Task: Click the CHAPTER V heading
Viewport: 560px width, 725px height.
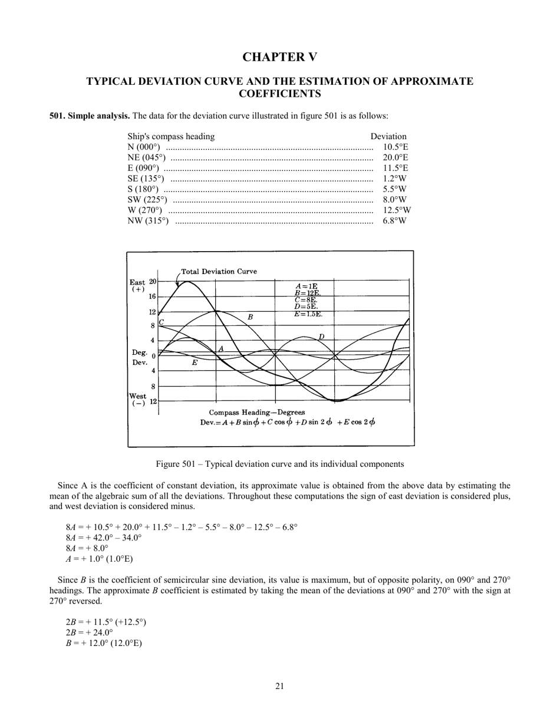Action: (x=279, y=57)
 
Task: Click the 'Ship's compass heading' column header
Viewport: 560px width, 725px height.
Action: (x=171, y=137)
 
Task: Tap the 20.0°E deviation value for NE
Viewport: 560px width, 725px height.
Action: (x=395, y=158)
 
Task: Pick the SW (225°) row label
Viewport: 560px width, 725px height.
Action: (x=147, y=200)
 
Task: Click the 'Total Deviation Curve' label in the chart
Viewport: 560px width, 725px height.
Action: (x=219, y=272)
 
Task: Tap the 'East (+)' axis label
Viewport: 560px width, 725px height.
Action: (x=137, y=286)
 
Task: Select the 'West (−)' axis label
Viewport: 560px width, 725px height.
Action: (x=137, y=400)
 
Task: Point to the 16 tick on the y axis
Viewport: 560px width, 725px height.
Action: (x=152, y=297)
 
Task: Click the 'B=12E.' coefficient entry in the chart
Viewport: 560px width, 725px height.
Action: (x=307, y=293)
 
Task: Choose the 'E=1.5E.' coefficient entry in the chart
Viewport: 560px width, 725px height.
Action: (x=308, y=314)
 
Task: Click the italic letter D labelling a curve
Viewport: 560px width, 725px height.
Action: (x=321, y=337)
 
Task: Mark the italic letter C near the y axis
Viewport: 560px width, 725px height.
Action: (x=162, y=322)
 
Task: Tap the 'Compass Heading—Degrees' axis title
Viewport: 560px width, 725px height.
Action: (x=257, y=412)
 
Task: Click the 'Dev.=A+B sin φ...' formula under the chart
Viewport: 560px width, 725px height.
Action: (x=287, y=422)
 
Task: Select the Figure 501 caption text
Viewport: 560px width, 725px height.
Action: (x=279, y=464)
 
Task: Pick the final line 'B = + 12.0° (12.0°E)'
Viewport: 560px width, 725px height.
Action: (x=104, y=643)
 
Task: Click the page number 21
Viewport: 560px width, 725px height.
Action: (x=279, y=686)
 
